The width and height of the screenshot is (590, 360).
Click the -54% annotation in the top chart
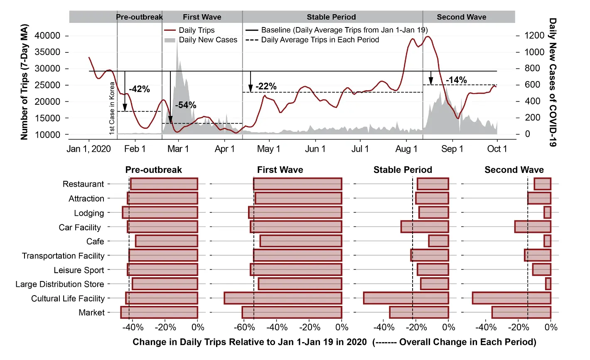pyautogui.click(x=185, y=105)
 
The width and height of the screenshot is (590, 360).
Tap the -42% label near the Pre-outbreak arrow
pyautogui.click(x=139, y=89)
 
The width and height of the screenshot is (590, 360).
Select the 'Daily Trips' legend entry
pyautogui.click(x=197, y=30)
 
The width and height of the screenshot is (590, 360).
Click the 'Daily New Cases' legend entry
pyautogui.click(x=208, y=40)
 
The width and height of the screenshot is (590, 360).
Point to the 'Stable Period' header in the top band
pyautogui.click(x=331, y=17)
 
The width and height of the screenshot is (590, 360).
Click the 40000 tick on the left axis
pyautogui.click(x=47, y=36)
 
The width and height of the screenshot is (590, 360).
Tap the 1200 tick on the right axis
pyautogui.click(x=534, y=35)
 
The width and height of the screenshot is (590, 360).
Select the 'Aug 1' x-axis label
pyautogui.click(x=406, y=149)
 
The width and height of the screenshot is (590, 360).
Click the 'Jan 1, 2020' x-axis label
pyautogui.click(x=88, y=149)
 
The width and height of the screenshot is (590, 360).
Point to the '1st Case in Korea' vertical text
pyautogui.click(x=112, y=108)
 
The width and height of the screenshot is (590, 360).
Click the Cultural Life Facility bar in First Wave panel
pyautogui.click(x=283, y=298)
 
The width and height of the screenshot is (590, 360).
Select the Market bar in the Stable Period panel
pyautogui.click(x=419, y=312)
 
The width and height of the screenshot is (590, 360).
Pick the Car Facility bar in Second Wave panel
pyautogui.click(x=533, y=227)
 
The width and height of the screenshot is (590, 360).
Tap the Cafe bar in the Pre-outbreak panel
pyautogui.click(x=167, y=241)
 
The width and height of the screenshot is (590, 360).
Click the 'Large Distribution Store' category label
pyautogui.click(x=60, y=284)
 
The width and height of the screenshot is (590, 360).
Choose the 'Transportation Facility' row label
pyautogui.click(x=63, y=256)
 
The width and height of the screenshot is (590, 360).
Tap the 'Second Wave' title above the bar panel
pyautogui.click(x=514, y=170)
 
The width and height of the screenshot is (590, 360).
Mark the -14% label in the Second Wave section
pyautogui.click(x=456, y=80)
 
